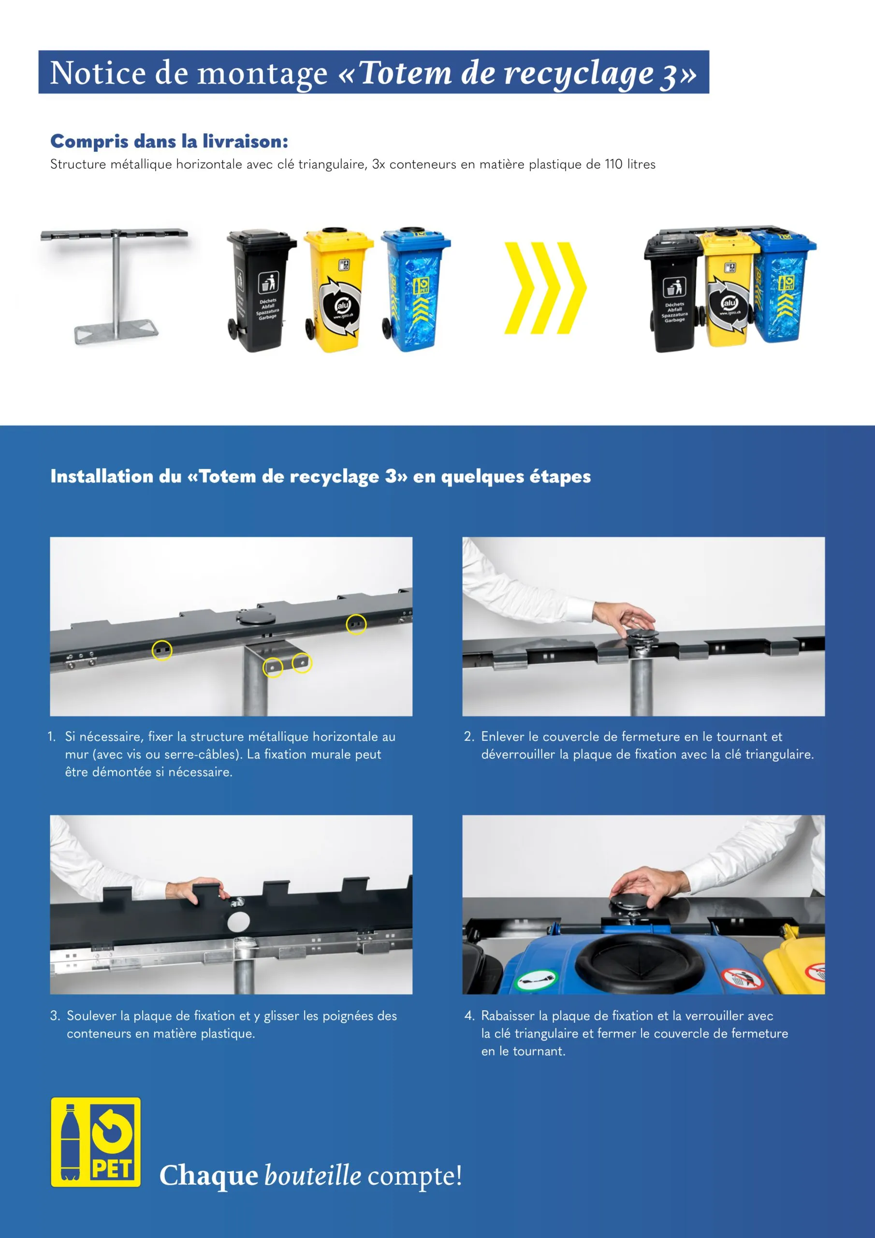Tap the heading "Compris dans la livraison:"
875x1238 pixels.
click(x=169, y=141)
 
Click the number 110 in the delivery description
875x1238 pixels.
click(x=613, y=164)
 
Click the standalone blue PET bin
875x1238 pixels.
click(x=415, y=289)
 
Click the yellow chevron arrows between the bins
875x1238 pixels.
click(x=545, y=288)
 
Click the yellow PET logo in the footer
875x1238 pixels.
click(x=96, y=1142)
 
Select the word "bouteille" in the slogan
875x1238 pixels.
click(x=313, y=1176)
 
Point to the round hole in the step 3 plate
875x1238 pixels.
click(x=238, y=922)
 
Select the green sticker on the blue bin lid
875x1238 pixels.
click(x=537, y=977)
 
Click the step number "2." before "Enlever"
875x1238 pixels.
click(x=469, y=737)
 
